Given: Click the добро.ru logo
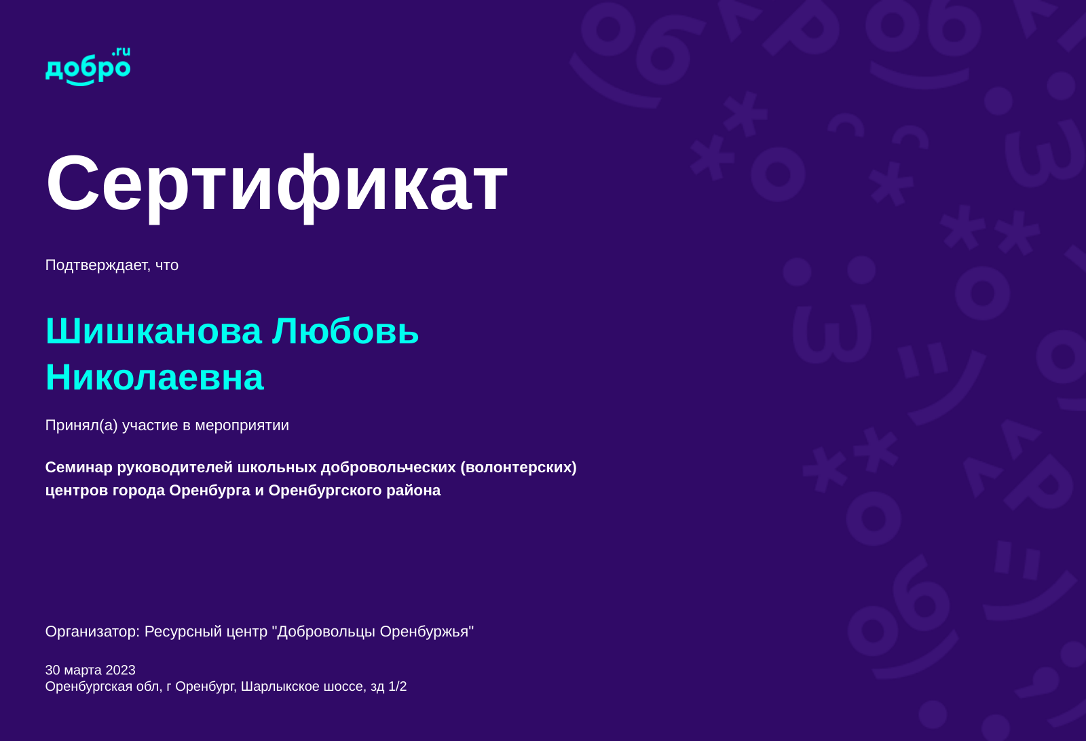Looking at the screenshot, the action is (88, 66).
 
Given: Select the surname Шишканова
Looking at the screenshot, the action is (153, 332).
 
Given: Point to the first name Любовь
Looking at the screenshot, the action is (345, 332).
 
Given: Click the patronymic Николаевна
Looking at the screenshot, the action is (155, 377).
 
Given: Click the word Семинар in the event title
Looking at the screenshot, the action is (79, 467).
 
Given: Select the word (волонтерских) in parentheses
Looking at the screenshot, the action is (519, 468).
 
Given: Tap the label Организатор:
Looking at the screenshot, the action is (92, 632).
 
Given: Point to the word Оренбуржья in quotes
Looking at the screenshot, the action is (424, 632).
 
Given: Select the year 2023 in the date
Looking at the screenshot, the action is (120, 670).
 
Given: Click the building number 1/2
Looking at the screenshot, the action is (398, 687).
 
